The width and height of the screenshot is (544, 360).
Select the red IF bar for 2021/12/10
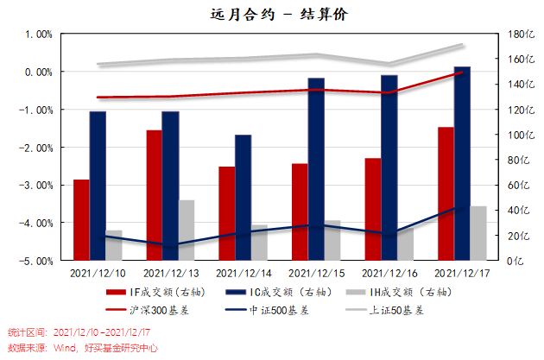pyautogui.click(x=80, y=219)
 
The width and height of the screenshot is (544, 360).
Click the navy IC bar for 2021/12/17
pyautogui.click(x=462, y=162)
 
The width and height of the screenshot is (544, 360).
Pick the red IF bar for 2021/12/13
pyautogui.click(x=154, y=194)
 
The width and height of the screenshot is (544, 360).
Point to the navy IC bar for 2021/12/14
pyautogui.click(x=243, y=197)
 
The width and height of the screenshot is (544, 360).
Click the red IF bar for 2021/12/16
pyautogui.click(x=372, y=208)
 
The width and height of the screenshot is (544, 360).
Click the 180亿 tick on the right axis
pyautogui.click(x=516, y=35)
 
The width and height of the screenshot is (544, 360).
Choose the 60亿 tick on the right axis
pyautogui.click(x=515, y=185)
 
